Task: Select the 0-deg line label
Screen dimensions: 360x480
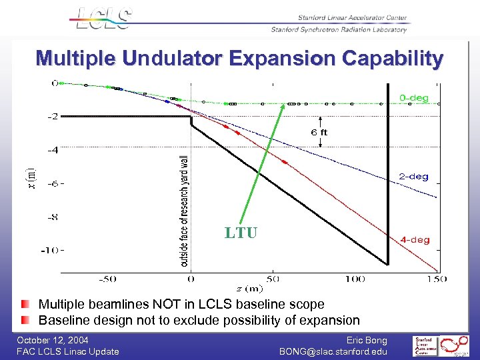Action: click(x=413, y=98)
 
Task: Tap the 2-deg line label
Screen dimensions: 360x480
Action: click(x=413, y=177)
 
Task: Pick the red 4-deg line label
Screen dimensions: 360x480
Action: click(x=415, y=239)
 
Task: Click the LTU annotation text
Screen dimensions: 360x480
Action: click(x=240, y=233)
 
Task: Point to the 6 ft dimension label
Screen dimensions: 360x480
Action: click(x=319, y=132)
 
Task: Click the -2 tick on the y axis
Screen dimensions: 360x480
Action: click(x=51, y=117)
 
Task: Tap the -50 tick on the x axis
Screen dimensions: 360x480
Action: click(x=108, y=279)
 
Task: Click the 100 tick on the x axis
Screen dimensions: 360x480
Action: click(x=355, y=279)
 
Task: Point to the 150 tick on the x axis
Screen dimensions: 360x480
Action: click(x=437, y=279)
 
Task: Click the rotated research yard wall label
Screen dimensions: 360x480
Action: click(x=185, y=211)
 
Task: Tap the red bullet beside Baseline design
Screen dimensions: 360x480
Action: click(x=25, y=320)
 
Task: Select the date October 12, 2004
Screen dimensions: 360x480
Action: click(x=53, y=340)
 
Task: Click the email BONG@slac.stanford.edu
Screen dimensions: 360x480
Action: click(x=333, y=351)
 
